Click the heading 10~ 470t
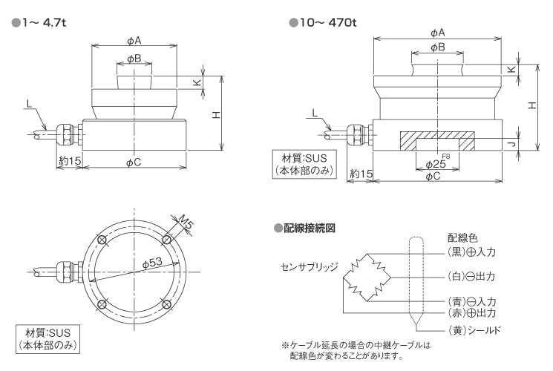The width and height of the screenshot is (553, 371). [x=327, y=22]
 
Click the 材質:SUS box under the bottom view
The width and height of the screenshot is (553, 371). [x=48, y=338]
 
